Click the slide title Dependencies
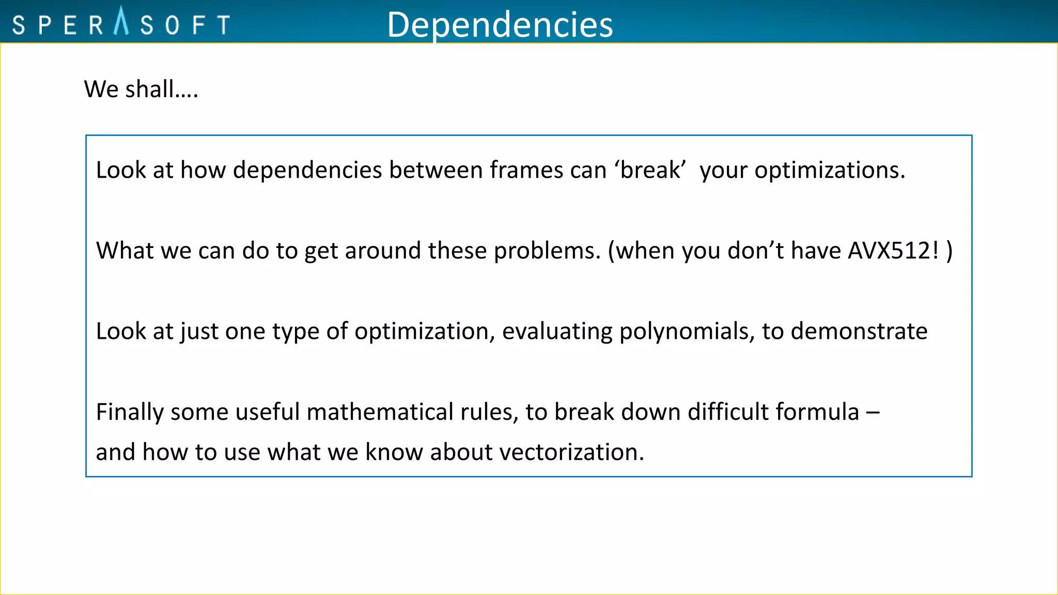[x=500, y=24]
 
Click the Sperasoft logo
[x=121, y=23]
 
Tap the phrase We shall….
[x=141, y=89]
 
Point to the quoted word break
[x=650, y=170]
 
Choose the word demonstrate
[x=859, y=331]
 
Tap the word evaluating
[x=557, y=331]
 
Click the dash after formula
[x=873, y=412]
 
